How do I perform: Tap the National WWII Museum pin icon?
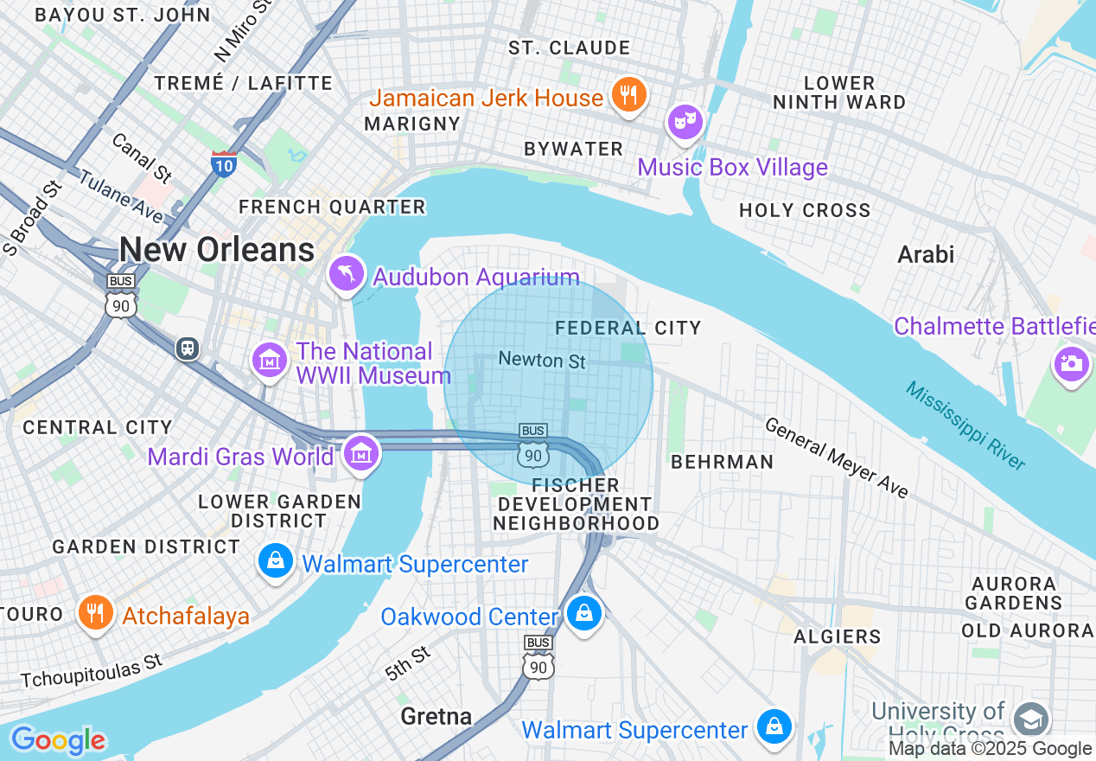[270, 360]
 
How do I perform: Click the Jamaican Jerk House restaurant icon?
[629, 95]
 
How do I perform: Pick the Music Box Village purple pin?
[685, 122]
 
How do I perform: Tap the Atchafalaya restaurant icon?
[96, 612]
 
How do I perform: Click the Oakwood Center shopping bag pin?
[584, 614]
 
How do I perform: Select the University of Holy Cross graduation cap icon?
[1030, 719]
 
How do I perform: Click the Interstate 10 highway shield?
[224, 163]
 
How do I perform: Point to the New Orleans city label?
[217, 250]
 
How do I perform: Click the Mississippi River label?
[965, 425]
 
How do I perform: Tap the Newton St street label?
[542, 360]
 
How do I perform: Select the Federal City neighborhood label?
[628, 328]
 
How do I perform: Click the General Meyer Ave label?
[837, 458]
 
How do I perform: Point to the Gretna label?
[436, 716]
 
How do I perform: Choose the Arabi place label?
[926, 254]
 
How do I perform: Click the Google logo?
[57, 740]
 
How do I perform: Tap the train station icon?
[187, 348]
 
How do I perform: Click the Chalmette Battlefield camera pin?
[1071, 363]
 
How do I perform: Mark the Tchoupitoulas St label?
[92, 672]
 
